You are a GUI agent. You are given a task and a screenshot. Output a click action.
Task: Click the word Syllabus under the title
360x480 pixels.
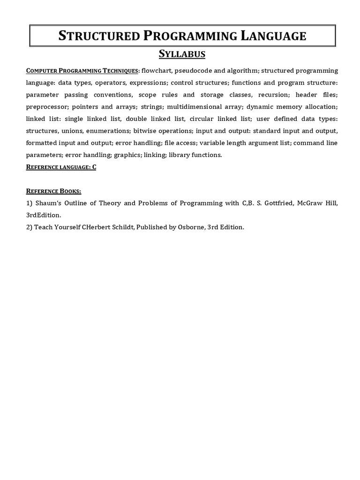coord(182,54)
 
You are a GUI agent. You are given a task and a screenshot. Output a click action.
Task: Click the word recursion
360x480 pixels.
coord(274,94)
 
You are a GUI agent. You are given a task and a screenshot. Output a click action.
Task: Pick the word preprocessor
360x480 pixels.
coord(46,106)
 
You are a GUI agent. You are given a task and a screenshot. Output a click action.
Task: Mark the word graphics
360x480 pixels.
coord(127,155)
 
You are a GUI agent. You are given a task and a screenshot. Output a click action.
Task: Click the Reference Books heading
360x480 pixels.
coord(53,191)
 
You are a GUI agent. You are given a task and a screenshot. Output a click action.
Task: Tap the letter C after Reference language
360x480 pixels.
coord(94,167)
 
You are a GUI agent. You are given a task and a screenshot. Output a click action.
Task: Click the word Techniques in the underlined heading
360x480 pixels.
coord(121,70)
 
